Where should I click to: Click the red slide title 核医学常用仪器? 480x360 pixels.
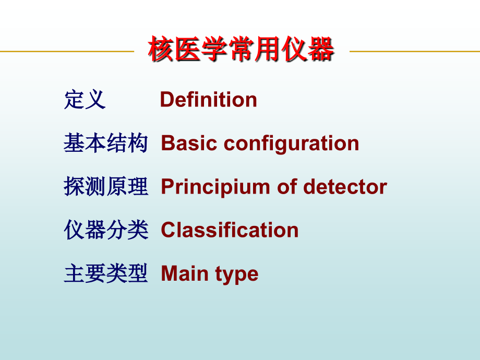(x=241, y=51)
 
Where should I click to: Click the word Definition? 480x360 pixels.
(x=208, y=100)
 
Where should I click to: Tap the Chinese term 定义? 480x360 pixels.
(x=85, y=100)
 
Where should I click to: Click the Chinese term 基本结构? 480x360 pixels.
(x=106, y=143)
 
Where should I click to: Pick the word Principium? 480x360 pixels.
(x=215, y=187)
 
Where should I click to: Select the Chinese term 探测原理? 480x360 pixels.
(x=106, y=187)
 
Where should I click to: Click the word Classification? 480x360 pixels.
(x=230, y=230)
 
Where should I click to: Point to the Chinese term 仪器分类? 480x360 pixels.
(x=106, y=230)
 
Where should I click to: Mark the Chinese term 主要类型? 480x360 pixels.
(x=106, y=273)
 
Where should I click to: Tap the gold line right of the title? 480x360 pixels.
(x=415, y=51)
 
